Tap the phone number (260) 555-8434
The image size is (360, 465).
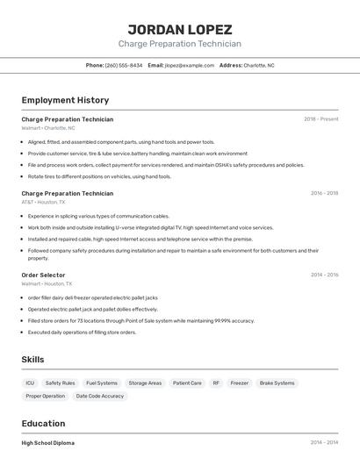point(124,65)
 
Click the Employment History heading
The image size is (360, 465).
point(65,100)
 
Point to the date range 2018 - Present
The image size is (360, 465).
point(320,119)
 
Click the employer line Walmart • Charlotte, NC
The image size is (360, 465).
point(48,128)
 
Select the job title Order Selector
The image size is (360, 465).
point(43,275)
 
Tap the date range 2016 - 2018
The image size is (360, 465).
point(324,193)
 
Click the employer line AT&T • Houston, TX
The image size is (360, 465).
point(43,202)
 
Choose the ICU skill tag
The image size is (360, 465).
point(30,383)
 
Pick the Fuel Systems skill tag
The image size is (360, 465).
point(102,383)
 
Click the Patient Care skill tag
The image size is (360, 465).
point(187,383)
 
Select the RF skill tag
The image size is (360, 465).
point(216,383)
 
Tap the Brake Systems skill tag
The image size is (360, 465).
point(277,383)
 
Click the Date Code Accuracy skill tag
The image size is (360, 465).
point(100,397)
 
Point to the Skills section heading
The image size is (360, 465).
point(32,360)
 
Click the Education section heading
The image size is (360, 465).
point(43,424)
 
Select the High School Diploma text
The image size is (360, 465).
point(48,443)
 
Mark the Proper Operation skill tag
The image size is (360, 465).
point(46,397)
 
